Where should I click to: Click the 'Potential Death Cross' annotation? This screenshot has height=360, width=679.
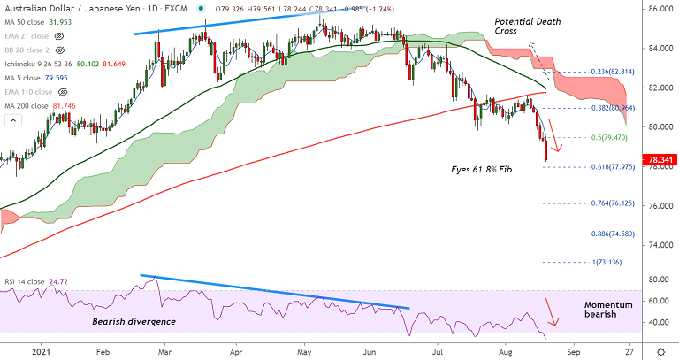click(520, 27)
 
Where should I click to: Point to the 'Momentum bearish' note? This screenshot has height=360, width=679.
click(609, 310)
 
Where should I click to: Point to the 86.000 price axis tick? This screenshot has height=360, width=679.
click(655, 9)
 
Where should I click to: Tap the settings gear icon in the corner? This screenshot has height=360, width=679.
click(660, 351)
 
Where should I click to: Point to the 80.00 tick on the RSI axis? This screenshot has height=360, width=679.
click(655, 280)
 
